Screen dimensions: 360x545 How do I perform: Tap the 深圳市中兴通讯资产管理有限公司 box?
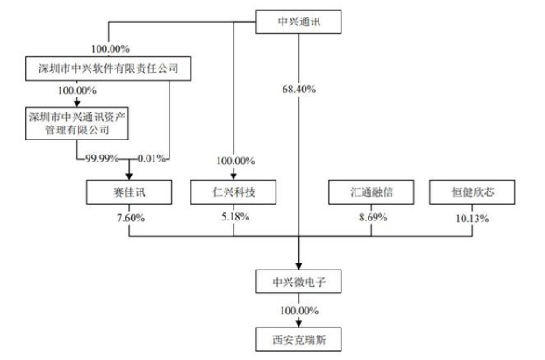[x=77, y=123]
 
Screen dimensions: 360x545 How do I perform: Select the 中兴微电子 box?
[x=298, y=283]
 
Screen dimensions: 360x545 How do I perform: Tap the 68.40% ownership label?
[x=299, y=89]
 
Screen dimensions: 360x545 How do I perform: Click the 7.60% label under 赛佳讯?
[x=129, y=216]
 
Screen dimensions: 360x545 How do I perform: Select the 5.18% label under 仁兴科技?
[x=233, y=216]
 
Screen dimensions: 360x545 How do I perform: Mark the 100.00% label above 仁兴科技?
[x=233, y=161]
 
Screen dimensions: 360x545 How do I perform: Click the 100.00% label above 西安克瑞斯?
[x=299, y=310]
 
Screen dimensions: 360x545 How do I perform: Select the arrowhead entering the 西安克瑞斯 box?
[x=298, y=323]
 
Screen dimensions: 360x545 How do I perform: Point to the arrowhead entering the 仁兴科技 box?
[x=233, y=176]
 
